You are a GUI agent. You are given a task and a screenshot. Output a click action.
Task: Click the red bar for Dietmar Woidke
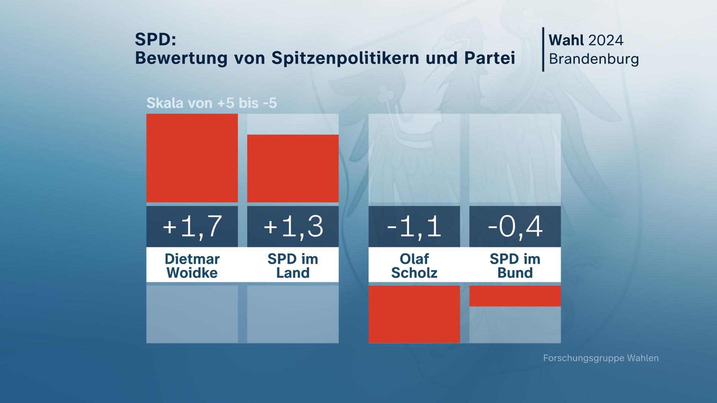pyautogui.click(x=192, y=158)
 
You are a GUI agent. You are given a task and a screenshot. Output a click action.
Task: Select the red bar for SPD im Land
pyautogui.click(x=293, y=168)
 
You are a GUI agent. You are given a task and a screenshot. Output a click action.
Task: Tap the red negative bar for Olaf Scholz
pyautogui.click(x=414, y=314)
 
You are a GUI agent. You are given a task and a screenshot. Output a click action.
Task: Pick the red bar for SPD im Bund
pyautogui.click(x=515, y=296)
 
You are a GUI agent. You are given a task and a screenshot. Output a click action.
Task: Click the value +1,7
pyautogui.click(x=192, y=227)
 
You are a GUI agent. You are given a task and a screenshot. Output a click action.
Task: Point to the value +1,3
pyautogui.click(x=293, y=227)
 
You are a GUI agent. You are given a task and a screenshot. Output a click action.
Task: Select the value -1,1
pyautogui.click(x=414, y=227)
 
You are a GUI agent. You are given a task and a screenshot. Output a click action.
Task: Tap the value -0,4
pyautogui.click(x=515, y=227)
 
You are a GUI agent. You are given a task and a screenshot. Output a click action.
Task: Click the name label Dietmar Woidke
pyautogui.click(x=192, y=266)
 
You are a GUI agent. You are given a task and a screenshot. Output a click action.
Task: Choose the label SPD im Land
pyautogui.click(x=293, y=266)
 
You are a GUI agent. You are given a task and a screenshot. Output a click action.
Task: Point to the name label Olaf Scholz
pyautogui.click(x=414, y=266)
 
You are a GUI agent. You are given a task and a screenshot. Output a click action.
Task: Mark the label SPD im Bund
pyautogui.click(x=515, y=266)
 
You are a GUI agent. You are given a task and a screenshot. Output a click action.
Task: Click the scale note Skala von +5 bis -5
pyautogui.click(x=212, y=103)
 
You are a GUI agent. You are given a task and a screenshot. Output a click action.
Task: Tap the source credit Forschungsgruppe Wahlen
pyautogui.click(x=600, y=358)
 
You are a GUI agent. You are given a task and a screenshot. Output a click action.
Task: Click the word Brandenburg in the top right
pyautogui.click(x=594, y=59)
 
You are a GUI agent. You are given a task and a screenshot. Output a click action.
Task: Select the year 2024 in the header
pyautogui.click(x=606, y=40)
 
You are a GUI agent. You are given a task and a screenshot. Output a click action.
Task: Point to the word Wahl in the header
pyautogui.click(x=566, y=40)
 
